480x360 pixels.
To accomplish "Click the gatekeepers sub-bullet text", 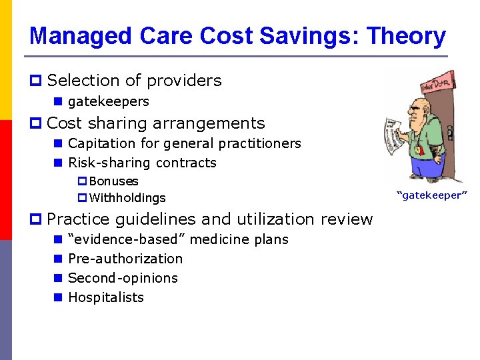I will coord(108,101).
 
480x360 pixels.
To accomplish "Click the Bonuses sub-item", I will coord(113,181).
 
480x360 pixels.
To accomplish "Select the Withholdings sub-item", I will coord(127,198).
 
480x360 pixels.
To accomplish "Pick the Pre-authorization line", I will coord(125,259).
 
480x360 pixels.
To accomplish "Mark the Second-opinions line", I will coord(123,278).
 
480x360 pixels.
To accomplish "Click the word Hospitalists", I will coord(106,297).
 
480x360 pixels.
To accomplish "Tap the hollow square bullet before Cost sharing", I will coord(37,124).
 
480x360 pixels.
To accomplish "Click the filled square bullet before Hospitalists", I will coord(58,298).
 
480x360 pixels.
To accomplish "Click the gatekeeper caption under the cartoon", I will coord(432,195).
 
